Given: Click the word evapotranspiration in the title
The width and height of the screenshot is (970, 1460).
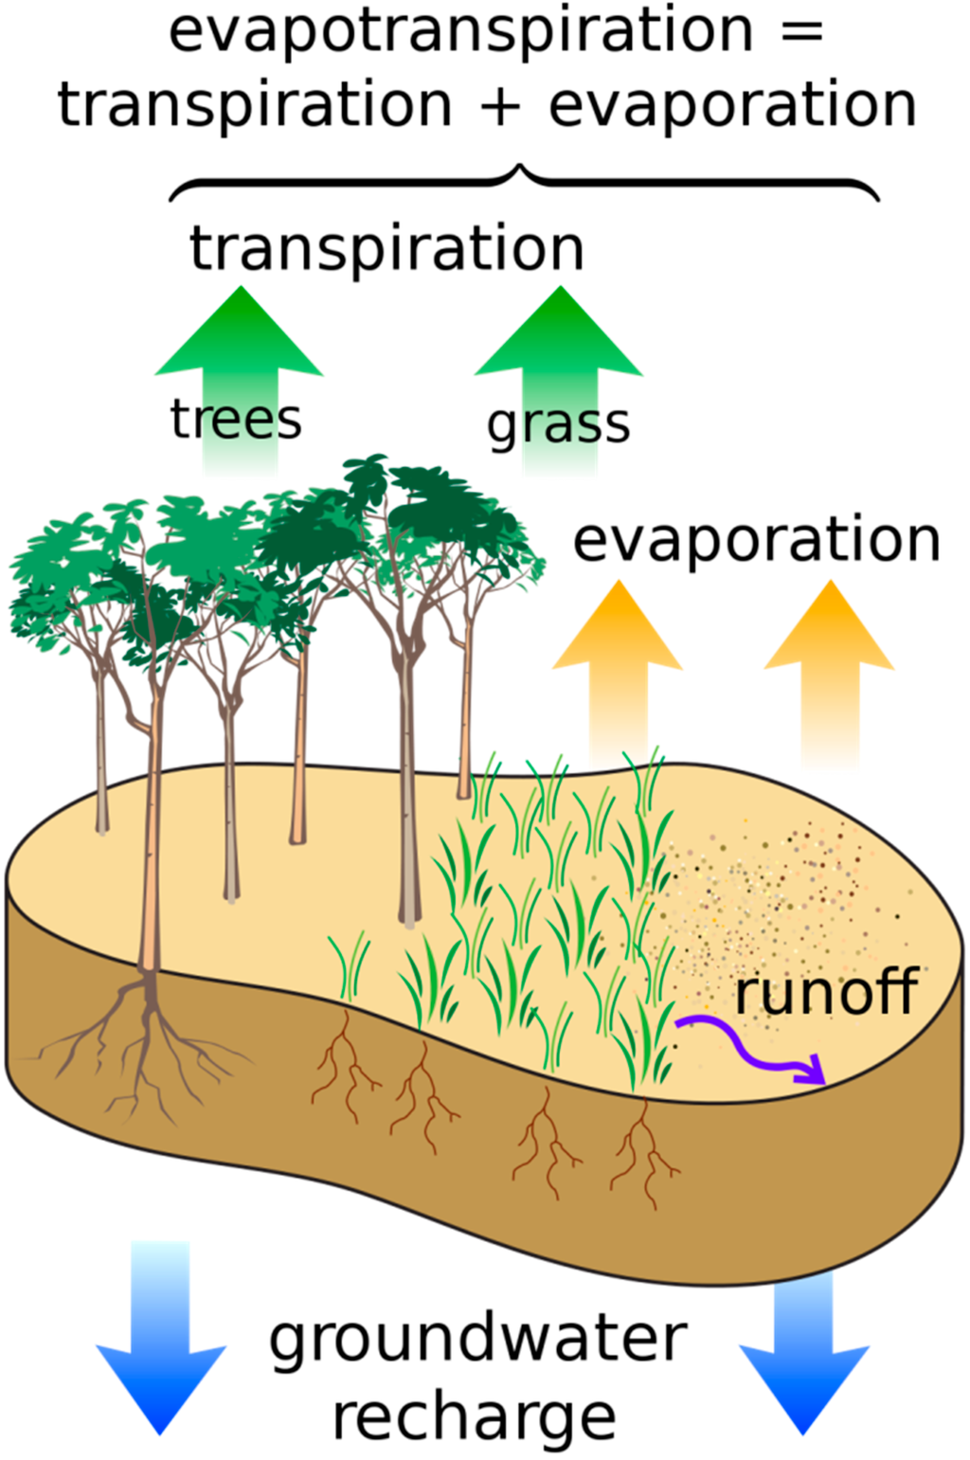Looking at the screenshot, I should point(458,32).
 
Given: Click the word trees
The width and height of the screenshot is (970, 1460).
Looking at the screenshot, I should point(236,419).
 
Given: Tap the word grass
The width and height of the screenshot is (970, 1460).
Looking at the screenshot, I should point(558,424).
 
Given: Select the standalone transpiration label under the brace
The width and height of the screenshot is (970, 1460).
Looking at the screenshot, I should point(386,248).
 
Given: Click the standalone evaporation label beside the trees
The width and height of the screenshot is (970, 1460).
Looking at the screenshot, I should point(756,540).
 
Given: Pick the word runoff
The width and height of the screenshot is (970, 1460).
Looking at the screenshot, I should point(826,992).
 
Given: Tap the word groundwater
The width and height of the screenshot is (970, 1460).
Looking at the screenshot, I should point(477,1340).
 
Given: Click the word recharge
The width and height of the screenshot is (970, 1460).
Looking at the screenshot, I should point(474,1417).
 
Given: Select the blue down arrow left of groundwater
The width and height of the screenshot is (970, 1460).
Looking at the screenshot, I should point(161,1345).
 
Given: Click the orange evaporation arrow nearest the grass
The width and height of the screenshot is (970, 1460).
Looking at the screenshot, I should point(618,663).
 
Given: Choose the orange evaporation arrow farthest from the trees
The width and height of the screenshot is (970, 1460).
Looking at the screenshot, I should point(830,663).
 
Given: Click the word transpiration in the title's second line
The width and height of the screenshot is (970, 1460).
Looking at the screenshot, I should point(254,105).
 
